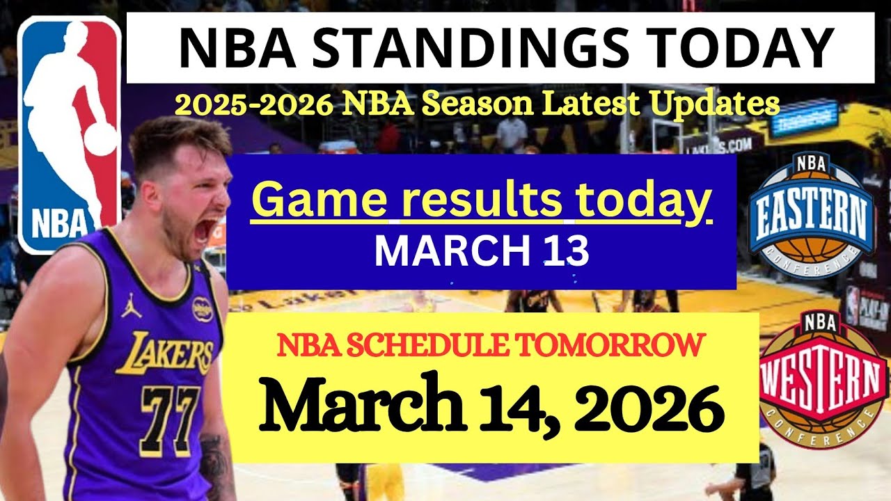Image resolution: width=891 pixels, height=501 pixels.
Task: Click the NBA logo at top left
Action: click(x=68, y=132)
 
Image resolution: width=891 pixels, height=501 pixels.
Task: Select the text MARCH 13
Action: click(x=482, y=252)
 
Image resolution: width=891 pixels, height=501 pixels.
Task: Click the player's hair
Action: click(x=174, y=139)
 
